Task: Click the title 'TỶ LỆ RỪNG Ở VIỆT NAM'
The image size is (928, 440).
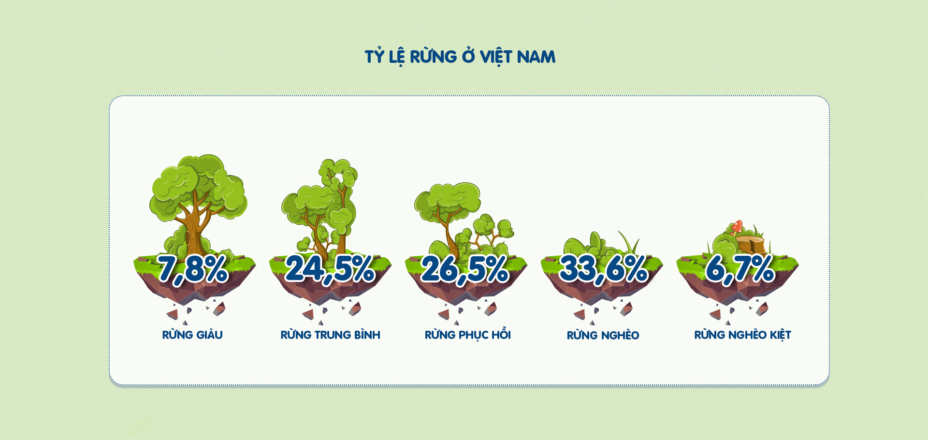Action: (x=460, y=57)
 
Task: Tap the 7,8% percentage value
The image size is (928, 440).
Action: (x=192, y=269)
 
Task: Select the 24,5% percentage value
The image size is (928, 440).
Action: (x=330, y=269)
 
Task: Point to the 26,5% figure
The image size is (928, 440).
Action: (x=465, y=269)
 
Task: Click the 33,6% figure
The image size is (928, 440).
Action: (x=604, y=269)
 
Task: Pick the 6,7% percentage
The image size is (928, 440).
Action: (x=740, y=269)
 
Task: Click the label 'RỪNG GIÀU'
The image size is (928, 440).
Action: (x=192, y=335)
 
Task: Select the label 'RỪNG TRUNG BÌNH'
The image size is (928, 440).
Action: (x=331, y=335)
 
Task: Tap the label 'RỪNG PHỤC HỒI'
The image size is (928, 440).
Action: (x=468, y=334)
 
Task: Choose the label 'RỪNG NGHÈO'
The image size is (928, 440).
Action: (x=603, y=335)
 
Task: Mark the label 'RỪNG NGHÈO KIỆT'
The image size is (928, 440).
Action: (x=743, y=335)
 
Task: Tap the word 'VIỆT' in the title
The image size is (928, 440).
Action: (x=496, y=57)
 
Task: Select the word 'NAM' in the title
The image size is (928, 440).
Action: (x=536, y=57)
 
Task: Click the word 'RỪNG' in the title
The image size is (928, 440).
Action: (x=434, y=56)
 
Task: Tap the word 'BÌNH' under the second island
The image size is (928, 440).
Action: (x=367, y=335)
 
